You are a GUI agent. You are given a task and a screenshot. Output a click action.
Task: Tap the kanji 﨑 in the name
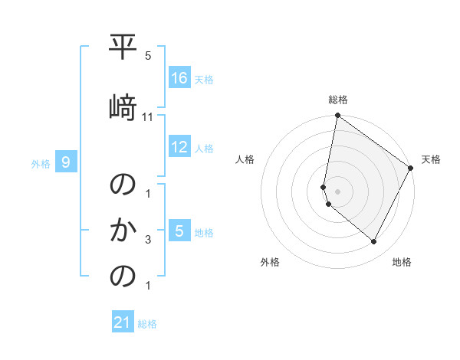pos(123,106)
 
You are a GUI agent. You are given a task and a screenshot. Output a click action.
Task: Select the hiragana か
pos(123,229)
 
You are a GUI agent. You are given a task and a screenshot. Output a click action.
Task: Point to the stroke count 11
pos(148,116)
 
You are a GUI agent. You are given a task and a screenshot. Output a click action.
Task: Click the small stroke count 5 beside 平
pos(148,56)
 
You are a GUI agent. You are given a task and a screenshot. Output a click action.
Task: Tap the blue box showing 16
pos(179,78)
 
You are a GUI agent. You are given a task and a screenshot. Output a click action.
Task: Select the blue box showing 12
pos(179,147)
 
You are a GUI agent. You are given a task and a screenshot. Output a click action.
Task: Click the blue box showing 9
pos(67,162)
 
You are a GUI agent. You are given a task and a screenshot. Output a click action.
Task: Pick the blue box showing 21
pos(123,322)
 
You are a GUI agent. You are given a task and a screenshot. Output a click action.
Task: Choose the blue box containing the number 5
pos(179,231)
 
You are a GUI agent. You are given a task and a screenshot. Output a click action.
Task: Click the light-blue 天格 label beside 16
pos(204,80)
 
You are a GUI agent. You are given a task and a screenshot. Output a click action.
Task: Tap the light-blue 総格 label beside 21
pos(147,324)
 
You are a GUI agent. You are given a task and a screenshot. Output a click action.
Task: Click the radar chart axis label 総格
pos(338,100)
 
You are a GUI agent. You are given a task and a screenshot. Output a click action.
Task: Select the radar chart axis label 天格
pos(431,159)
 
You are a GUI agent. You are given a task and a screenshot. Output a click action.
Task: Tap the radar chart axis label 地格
pos(402,262)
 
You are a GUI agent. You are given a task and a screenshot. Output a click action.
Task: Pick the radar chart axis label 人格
pos(245,159)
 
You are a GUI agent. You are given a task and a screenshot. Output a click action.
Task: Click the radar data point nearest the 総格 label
pos(337,116)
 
